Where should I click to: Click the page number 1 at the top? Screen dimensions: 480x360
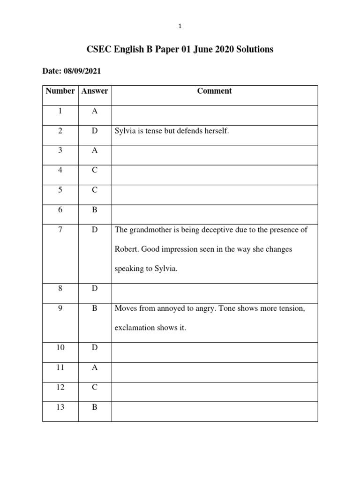pyautogui.click(x=180, y=26)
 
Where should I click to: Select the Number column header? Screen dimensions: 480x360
pyautogui.click(x=60, y=91)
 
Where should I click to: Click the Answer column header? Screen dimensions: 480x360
pyautogui.click(x=95, y=91)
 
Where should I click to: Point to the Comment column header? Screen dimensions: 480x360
pyautogui.click(x=215, y=91)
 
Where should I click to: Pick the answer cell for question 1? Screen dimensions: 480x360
pyautogui.click(x=95, y=111)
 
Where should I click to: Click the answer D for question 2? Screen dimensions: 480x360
pyautogui.click(x=95, y=131)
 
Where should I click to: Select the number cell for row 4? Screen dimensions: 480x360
pyautogui.click(x=60, y=171)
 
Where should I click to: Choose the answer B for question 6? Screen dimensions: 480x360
pyautogui.click(x=95, y=210)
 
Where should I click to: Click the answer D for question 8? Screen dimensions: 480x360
pyautogui.click(x=95, y=289)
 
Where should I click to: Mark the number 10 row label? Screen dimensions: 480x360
pyautogui.click(x=60, y=348)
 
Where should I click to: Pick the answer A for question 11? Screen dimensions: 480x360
pyautogui.click(x=95, y=367)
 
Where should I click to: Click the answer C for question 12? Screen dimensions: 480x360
pyautogui.click(x=95, y=388)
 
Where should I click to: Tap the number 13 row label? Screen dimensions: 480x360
pyautogui.click(x=60, y=407)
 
